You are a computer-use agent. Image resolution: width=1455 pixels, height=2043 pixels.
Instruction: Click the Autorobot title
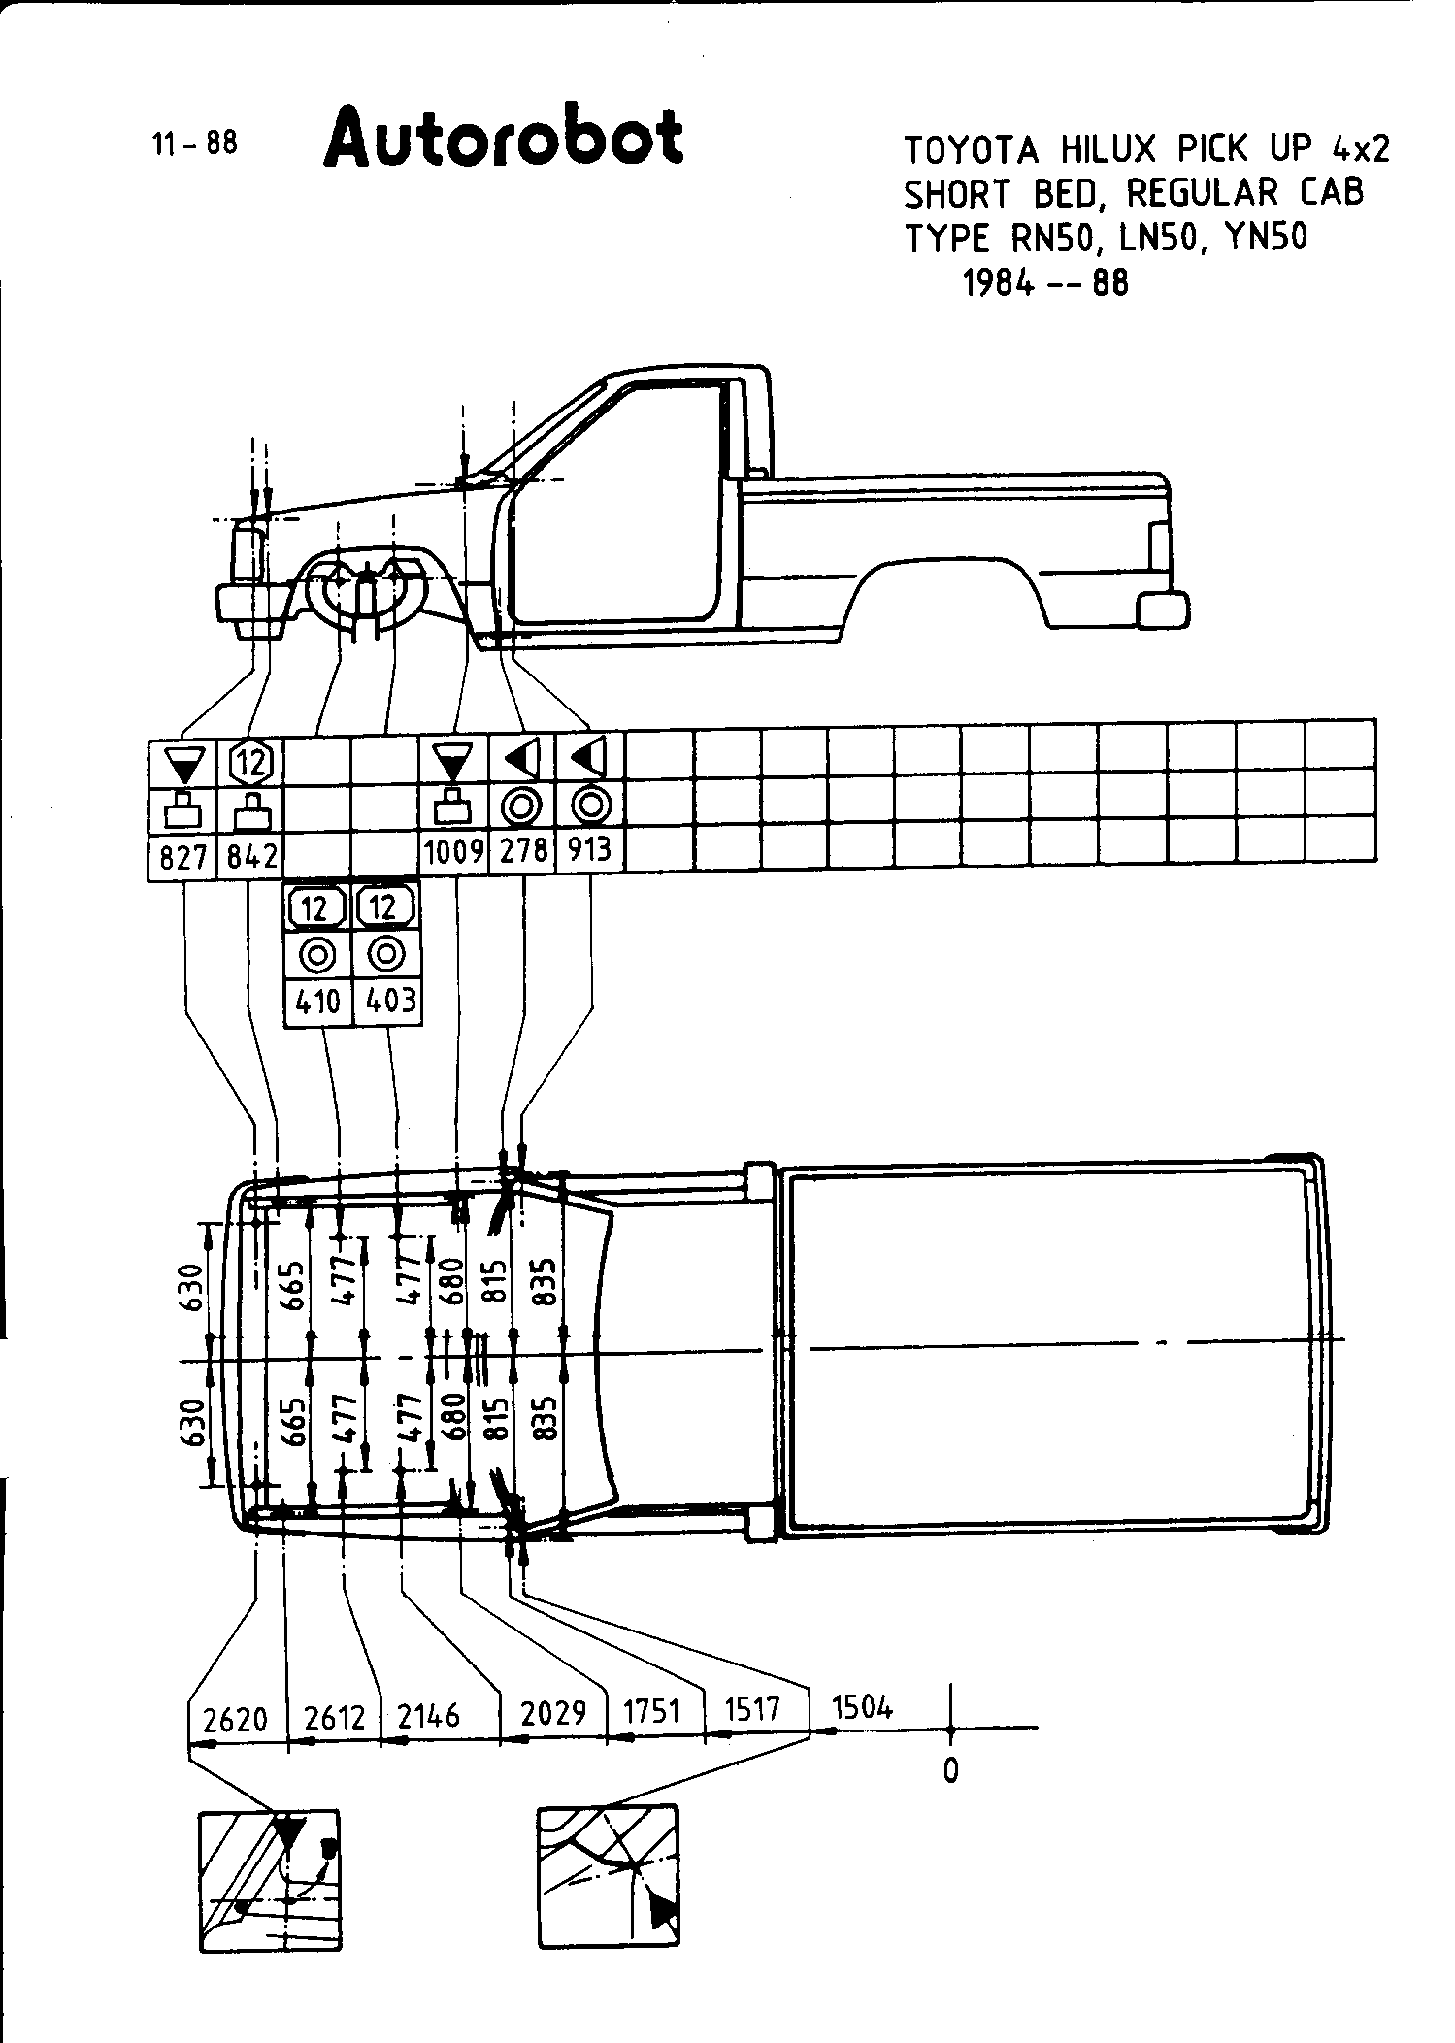point(505,139)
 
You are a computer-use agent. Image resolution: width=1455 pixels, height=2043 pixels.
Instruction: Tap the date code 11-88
point(194,144)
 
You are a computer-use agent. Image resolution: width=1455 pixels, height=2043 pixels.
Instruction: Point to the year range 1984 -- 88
point(1045,283)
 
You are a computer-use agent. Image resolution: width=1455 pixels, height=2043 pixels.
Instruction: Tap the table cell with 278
point(523,851)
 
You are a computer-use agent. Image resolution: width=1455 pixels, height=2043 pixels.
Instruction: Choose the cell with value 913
point(590,850)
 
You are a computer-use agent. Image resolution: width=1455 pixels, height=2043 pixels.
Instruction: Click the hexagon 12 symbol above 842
point(252,763)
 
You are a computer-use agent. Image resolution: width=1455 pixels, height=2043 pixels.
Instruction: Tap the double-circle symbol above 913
point(590,806)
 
